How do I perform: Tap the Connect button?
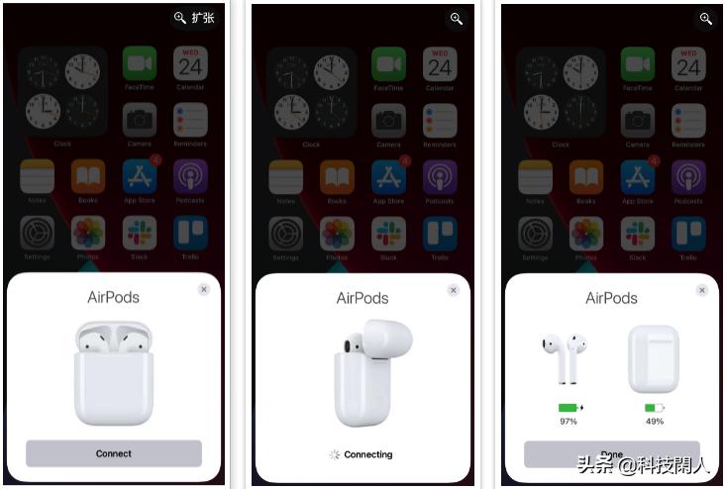click(x=114, y=453)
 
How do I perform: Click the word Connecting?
click(x=367, y=454)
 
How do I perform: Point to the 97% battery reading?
click(x=569, y=422)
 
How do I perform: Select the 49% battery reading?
click(x=654, y=422)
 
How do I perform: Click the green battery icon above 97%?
click(x=569, y=407)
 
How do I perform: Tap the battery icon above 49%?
click(x=654, y=407)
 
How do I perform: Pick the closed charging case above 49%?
click(x=654, y=358)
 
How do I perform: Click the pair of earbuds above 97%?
click(x=565, y=357)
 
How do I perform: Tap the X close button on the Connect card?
click(x=204, y=289)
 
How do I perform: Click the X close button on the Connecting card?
click(x=454, y=290)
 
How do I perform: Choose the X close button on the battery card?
click(x=702, y=290)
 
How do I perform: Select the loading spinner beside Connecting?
click(x=335, y=454)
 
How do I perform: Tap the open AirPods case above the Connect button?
click(x=114, y=372)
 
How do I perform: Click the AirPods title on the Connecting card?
click(x=362, y=298)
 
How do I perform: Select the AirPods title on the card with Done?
click(x=611, y=298)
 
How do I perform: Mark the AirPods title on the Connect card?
click(x=114, y=297)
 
